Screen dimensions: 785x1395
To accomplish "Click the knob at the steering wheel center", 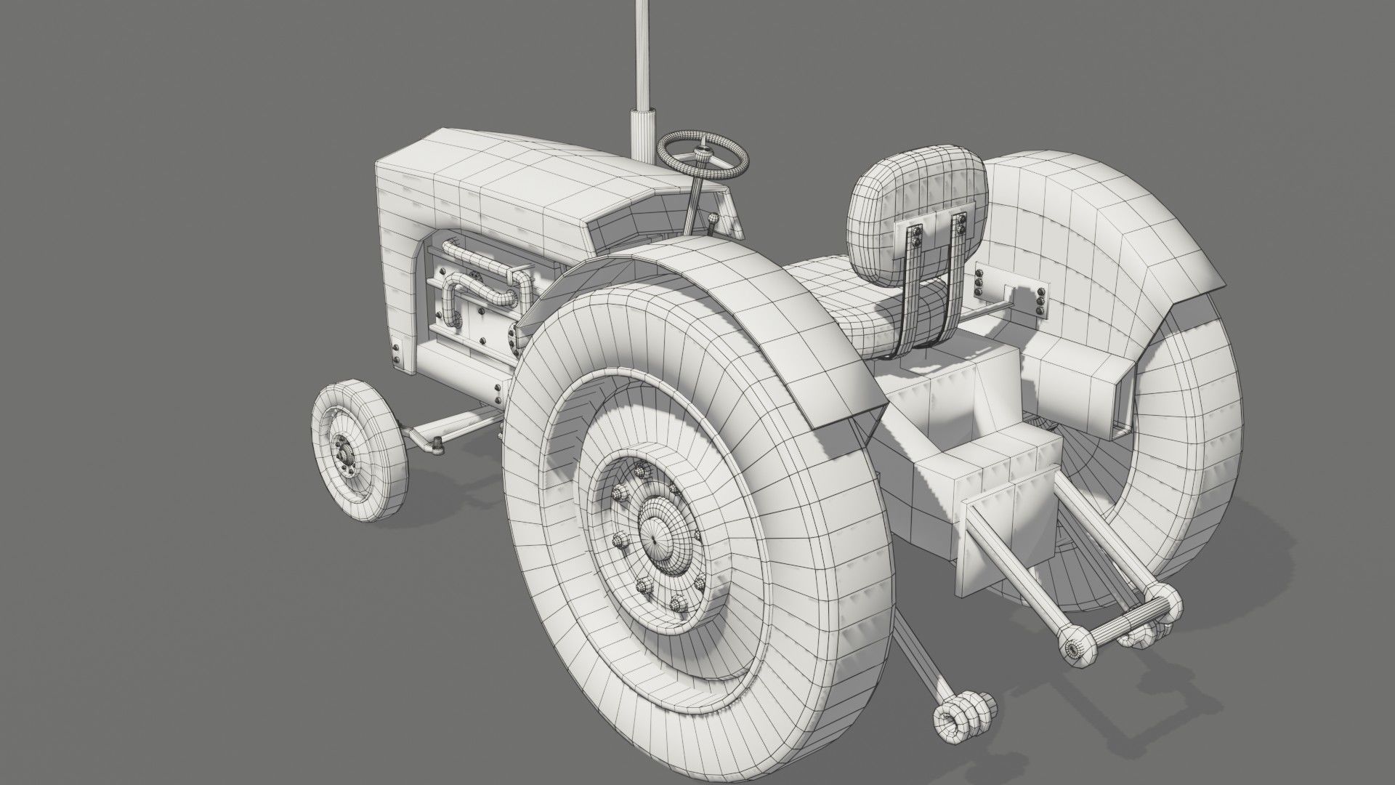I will (703, 153).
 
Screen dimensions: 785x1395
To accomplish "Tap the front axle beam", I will (450, 429).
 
